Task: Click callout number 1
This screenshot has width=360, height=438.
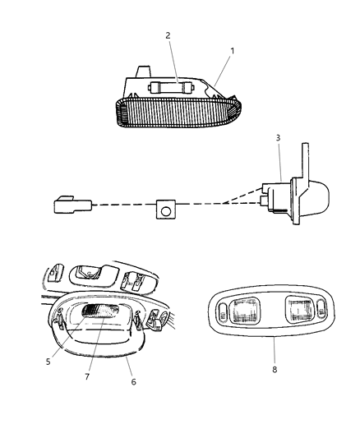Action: click(x=232, y=51)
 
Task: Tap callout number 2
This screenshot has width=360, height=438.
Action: click(x=168, y=35)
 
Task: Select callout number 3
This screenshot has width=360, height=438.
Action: click(x=278, y=138)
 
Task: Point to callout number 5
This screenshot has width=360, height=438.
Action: click(x=48, y=362)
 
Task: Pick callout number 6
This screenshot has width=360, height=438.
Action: click(x=133, y=381)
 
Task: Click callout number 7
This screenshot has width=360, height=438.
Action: click(x=87, y=376)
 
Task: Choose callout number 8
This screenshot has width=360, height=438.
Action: click(x=275, y=369)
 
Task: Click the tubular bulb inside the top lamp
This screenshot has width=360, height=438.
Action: click(x=171, y=88)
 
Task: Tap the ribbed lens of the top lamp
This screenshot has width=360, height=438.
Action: click(x=178, y=113)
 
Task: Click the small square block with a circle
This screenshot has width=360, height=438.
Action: click(x=166, y=209)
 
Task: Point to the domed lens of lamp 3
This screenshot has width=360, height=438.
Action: click(x=318, y=199)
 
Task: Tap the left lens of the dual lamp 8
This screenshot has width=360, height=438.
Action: click(x=243, y=311)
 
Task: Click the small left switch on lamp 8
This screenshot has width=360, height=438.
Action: click(x=223, y=311)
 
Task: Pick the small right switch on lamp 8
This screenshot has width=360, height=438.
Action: click(x=321, y=308)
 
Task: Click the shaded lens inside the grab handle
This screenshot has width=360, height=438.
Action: click(x=100, y=311)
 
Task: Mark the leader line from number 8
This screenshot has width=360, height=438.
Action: click(x=275, y=350)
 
